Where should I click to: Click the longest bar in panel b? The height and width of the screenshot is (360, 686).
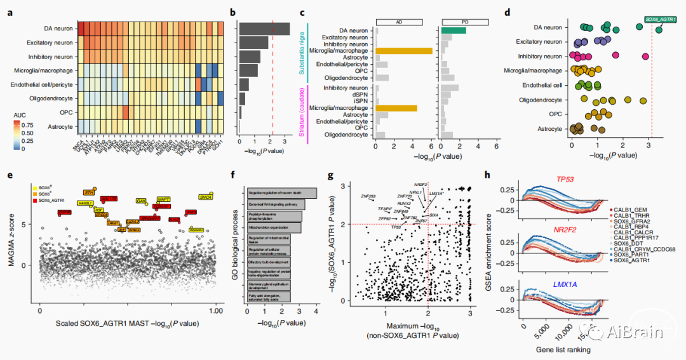coord(264,28)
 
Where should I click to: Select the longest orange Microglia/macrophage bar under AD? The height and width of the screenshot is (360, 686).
coord(404,51)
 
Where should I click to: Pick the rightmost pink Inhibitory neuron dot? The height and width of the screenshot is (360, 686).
coord(645,57)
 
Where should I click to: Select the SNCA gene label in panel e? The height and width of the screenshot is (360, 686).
coord(206,197)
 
